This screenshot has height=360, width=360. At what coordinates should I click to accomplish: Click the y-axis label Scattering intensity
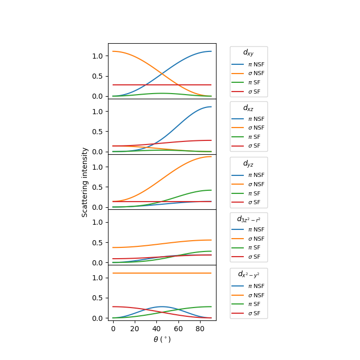(x=85, y=182)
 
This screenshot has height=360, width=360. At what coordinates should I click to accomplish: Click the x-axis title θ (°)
(x=162, y=339)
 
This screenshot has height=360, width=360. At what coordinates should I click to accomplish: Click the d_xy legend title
(x=248, y=52)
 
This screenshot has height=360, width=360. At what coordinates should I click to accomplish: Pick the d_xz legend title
(x=248, y=108)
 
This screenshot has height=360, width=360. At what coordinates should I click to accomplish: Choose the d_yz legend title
(x=248, y=164)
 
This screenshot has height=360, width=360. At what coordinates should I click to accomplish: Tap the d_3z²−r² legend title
(x=248, y=219)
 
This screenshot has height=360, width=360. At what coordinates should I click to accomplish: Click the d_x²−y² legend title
(x=248, y=275)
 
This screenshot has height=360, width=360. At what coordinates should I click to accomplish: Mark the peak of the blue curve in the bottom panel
(x=162, y=307)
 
